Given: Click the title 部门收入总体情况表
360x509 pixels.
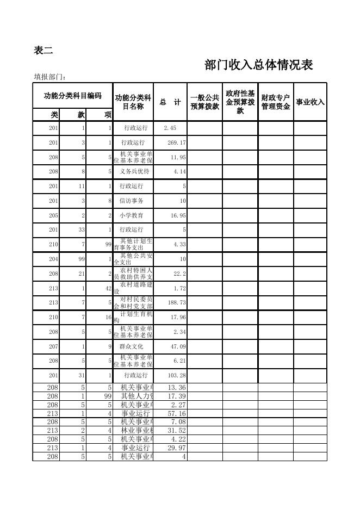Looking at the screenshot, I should [x=258, y=65].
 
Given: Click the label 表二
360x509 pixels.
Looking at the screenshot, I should [x=44, y=51].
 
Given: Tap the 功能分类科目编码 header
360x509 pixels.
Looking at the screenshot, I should [x=72, y=96].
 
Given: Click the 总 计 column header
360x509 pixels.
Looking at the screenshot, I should [x=170, y=102].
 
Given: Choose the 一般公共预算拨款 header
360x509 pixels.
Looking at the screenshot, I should [x=204, y=102].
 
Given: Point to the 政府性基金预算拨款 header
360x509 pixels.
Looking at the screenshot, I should [x=240, y=102].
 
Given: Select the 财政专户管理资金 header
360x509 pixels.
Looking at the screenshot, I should [x=275, y=102].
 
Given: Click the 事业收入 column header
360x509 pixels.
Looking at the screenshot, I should [x=310, y=102].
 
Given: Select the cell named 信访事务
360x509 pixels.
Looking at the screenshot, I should [x=132, y=201].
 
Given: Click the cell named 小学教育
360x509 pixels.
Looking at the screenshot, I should [x=132, y=215].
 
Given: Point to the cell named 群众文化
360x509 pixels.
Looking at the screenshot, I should [x=132, y=346].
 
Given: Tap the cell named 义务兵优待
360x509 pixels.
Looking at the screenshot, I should [x=134, y=171].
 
